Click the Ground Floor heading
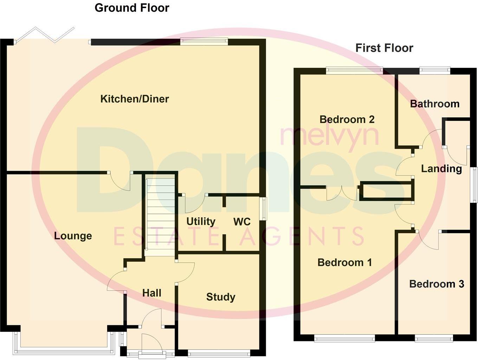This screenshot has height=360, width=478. coord(132,8)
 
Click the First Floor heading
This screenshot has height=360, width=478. coord(384,48)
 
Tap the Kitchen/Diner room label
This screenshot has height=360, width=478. coord(135,99)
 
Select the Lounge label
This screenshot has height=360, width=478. coord(73,236)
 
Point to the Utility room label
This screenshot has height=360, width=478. coord(201,222)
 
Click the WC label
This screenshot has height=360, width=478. coord(242,222)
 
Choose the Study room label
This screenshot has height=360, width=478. coord(221,297)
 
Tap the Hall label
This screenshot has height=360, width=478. coord(152,293)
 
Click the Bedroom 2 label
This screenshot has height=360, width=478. coord(347,119)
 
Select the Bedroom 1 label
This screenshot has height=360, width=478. coord(344,262)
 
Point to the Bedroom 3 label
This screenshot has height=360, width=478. coord(437,284)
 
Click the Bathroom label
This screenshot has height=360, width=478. coord(435,104)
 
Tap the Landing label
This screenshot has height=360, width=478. coord(441,169)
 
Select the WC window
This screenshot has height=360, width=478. coord(263,209)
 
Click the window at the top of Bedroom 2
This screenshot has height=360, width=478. coord(354,70)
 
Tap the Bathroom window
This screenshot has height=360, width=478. coord(435,70)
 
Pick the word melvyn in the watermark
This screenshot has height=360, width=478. coord(329,135)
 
